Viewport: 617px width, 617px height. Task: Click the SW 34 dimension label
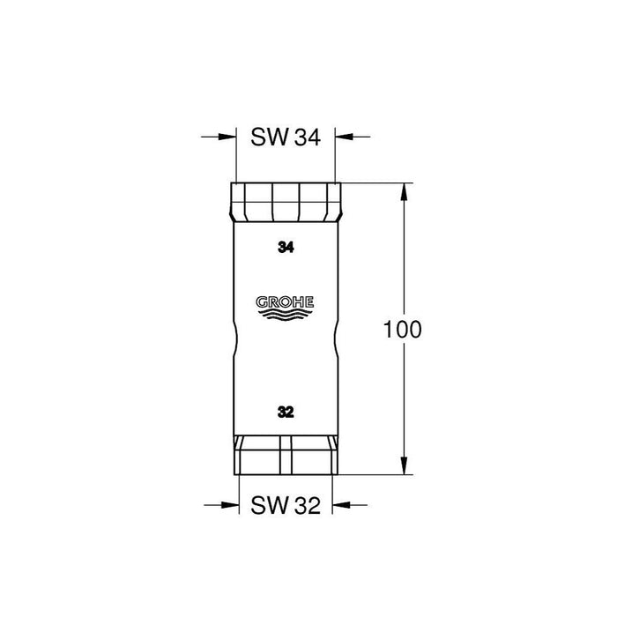(286, 137)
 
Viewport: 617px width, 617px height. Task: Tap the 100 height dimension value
(405, 331)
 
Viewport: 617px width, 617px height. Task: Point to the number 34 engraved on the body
(285, 248)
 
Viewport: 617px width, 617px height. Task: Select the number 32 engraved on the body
(285, 412)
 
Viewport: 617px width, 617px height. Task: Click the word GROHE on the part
(285, 302)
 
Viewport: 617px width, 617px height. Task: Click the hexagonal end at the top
(286, 201)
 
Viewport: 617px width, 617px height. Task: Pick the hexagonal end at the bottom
(286, 455)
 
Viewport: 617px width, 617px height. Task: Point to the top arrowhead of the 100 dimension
(405, 189)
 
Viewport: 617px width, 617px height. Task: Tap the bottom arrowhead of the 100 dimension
(405, 468)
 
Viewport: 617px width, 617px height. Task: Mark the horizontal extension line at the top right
(375, 182)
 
